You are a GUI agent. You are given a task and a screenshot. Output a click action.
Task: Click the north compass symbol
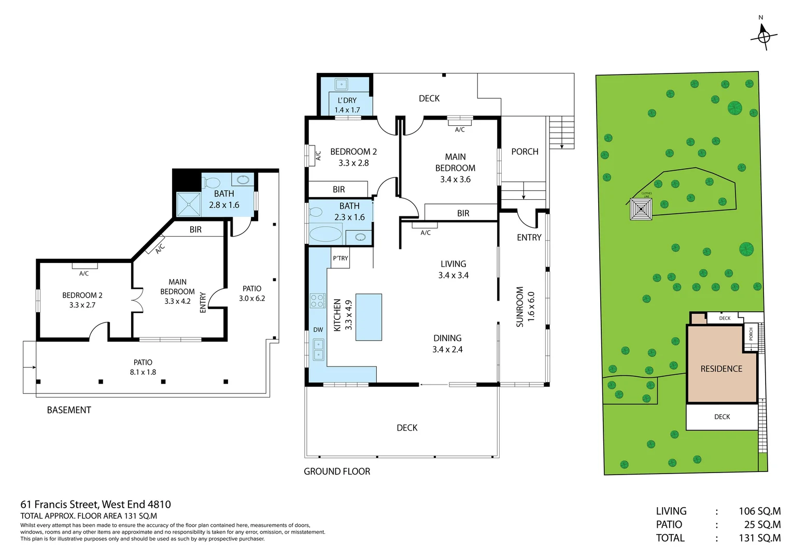(x=763, y=36)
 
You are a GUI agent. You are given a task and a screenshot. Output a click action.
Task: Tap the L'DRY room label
(x=347, y=100)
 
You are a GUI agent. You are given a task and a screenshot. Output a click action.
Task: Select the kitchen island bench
(x=369, y=317)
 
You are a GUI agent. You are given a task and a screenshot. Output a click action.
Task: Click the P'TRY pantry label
(x=341, y=258)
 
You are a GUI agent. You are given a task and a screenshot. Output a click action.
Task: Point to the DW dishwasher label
(x=318, y=330)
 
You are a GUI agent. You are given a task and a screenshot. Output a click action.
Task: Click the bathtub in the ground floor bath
(x=325, y=233)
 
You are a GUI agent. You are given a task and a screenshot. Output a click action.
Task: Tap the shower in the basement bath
(x=188, y=204)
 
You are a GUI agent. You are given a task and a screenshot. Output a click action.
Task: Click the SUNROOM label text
(x=520, y=306)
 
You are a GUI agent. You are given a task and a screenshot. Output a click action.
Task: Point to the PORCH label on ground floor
(x=525, y=152)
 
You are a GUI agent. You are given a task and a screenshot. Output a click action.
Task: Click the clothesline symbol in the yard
(x=641, y=209)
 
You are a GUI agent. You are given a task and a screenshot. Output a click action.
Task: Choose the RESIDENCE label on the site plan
(x=721, y=369)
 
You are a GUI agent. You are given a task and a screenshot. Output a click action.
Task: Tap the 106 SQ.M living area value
(x=759, y=511)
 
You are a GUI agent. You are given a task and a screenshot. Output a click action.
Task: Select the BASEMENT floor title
(x=69, y=410)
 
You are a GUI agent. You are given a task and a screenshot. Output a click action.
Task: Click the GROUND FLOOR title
(x=337, y=472)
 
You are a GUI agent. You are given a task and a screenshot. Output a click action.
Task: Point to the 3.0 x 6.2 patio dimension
(x=252, y=298)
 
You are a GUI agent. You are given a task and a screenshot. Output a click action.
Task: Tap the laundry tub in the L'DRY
(x=341, y=84)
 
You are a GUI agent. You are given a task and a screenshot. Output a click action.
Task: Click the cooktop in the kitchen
(x=317, y=300)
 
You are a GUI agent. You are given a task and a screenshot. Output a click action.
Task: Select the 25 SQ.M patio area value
(x=762, y=524)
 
